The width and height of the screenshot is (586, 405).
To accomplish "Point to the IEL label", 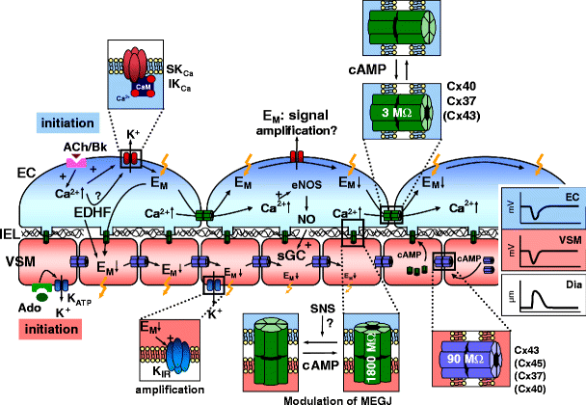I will [x=9, y=233].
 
